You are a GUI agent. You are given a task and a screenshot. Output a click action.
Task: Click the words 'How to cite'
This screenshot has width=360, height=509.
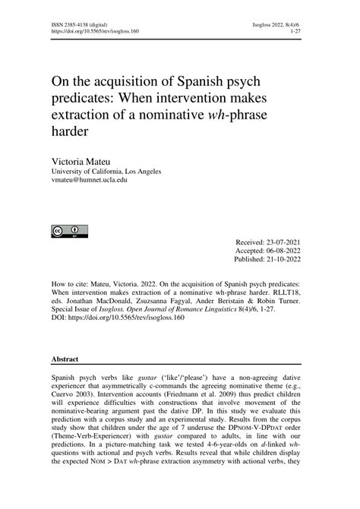[68, 280]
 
